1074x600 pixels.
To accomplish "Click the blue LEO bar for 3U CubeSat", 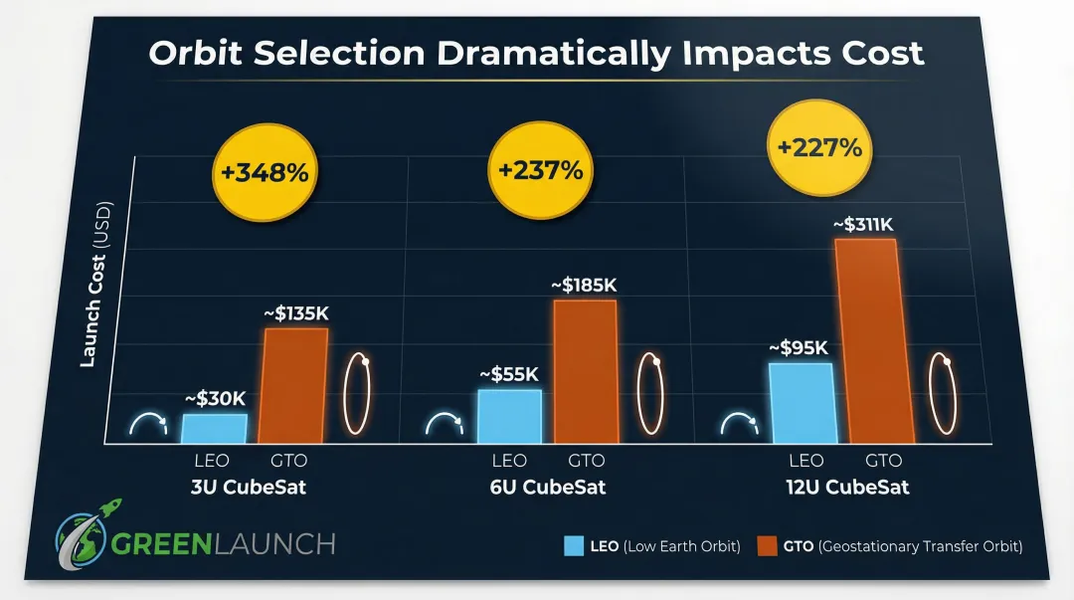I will pos(214,429).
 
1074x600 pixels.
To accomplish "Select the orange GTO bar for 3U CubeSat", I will pos(294,386).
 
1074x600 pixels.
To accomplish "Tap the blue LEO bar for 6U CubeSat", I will pos(509,416).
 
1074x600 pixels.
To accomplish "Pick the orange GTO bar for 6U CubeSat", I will pos(585,371).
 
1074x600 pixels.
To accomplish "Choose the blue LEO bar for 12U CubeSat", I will pos(803,403).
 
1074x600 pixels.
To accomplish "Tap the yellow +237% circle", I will pos(540,170).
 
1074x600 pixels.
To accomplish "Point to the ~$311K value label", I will pos(864,225).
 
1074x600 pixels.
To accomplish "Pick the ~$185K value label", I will pos(584,286).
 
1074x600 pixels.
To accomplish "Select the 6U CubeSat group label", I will pos(546,489).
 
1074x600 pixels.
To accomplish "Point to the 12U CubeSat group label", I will pos(844,489).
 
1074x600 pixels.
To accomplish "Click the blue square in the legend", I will pos(575,546).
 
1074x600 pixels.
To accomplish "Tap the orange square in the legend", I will pos(768,546).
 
